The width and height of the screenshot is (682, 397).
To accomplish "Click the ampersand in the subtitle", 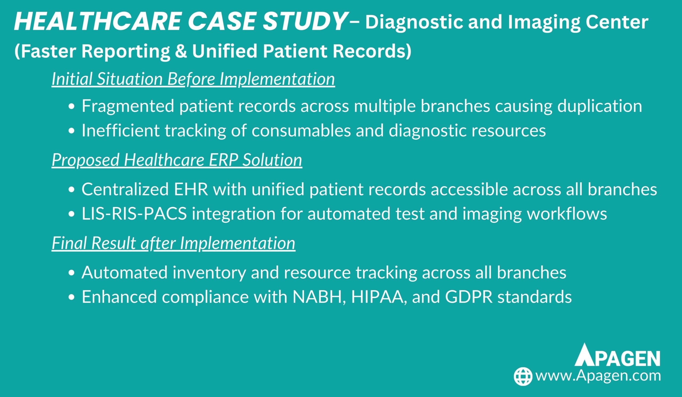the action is (181, 51).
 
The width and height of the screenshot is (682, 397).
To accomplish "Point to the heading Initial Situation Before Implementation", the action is (193, 79).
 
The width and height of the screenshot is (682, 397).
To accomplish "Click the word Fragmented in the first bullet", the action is (128, 106).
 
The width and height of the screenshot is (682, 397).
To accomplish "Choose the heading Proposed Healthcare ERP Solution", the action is (177, 160).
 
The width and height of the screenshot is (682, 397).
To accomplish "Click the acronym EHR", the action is (191, 189).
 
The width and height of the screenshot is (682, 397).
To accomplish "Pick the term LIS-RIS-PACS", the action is (134, 214).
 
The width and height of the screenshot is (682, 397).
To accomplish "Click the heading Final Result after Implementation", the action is (173, 243).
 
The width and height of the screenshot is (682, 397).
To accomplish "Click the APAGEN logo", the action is (617, 359).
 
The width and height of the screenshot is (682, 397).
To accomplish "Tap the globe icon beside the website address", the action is (523, 376).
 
